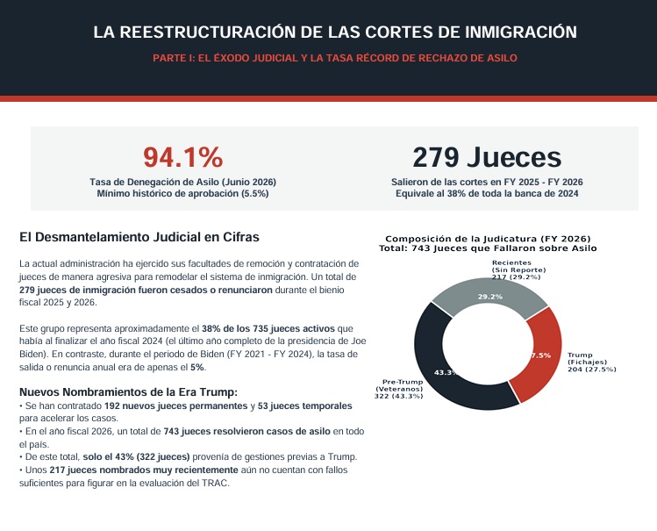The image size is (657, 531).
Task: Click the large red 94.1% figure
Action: click(x=183, y=158)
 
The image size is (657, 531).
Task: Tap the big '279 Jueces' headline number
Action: click(x=487, y=158)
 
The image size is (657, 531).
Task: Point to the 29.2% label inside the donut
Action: click(x=489, y=297)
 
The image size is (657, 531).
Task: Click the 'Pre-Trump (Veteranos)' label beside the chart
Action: click(x=399, y=389)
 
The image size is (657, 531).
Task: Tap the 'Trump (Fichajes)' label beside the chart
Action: click(x=591, y=362)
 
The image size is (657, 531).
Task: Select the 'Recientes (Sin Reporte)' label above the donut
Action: click(x=518, y=270)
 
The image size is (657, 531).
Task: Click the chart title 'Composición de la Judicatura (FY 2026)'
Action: click(x=488, y=239)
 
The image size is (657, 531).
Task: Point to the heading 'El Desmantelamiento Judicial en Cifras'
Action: click(x=139, y=237)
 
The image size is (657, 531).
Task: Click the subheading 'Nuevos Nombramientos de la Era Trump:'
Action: click(x=128, y=392)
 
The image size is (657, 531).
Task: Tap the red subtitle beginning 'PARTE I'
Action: click(x=335, y=58)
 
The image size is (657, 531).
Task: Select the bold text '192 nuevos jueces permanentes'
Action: click(x=176, y=406)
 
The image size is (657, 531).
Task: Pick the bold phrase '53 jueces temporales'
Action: click(x=304, y=406)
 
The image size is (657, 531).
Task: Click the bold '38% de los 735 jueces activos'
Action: click(x=268, y=328)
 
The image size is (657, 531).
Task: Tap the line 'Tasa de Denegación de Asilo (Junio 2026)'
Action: click(x=182, y=182)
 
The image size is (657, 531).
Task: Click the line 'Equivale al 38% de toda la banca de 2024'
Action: click(x=487, y=194)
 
